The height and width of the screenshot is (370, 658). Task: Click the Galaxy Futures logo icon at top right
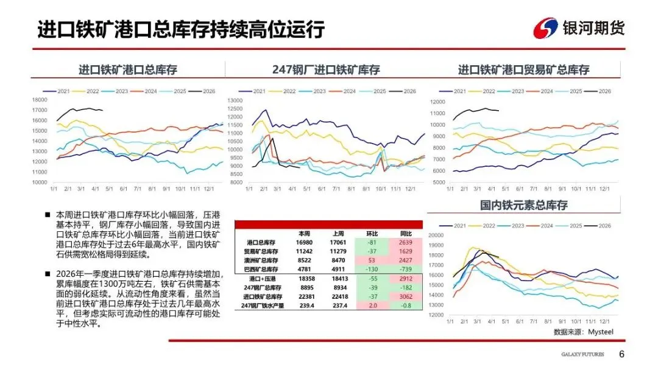(545, 28)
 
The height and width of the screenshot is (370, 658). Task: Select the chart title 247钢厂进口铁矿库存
(325, 70)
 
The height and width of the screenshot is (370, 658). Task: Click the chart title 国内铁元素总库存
(523, 205)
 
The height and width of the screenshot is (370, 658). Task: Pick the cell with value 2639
(405, 242)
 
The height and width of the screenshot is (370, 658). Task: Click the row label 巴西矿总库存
(261, 268)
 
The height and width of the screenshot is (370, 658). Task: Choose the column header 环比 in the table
(371, 234)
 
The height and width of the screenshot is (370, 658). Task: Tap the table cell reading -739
(405, 268)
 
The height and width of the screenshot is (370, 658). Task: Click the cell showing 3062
(405, 296)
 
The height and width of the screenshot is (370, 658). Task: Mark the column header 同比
(405, 234)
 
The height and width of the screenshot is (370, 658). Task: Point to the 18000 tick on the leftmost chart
(40, 100)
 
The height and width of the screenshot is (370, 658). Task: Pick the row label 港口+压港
(261, 278)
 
